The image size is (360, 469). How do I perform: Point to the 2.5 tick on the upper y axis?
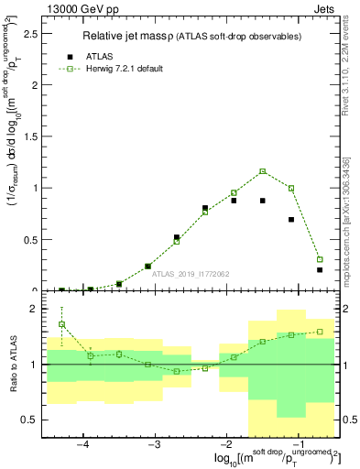(x=35, y=34)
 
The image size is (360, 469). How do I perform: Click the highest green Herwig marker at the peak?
(x=262, y=171)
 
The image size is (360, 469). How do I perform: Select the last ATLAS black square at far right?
(x=320, y=269)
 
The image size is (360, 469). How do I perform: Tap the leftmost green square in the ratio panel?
(x=62, y=324)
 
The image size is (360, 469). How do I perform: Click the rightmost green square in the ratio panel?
(x=320, y=332)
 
